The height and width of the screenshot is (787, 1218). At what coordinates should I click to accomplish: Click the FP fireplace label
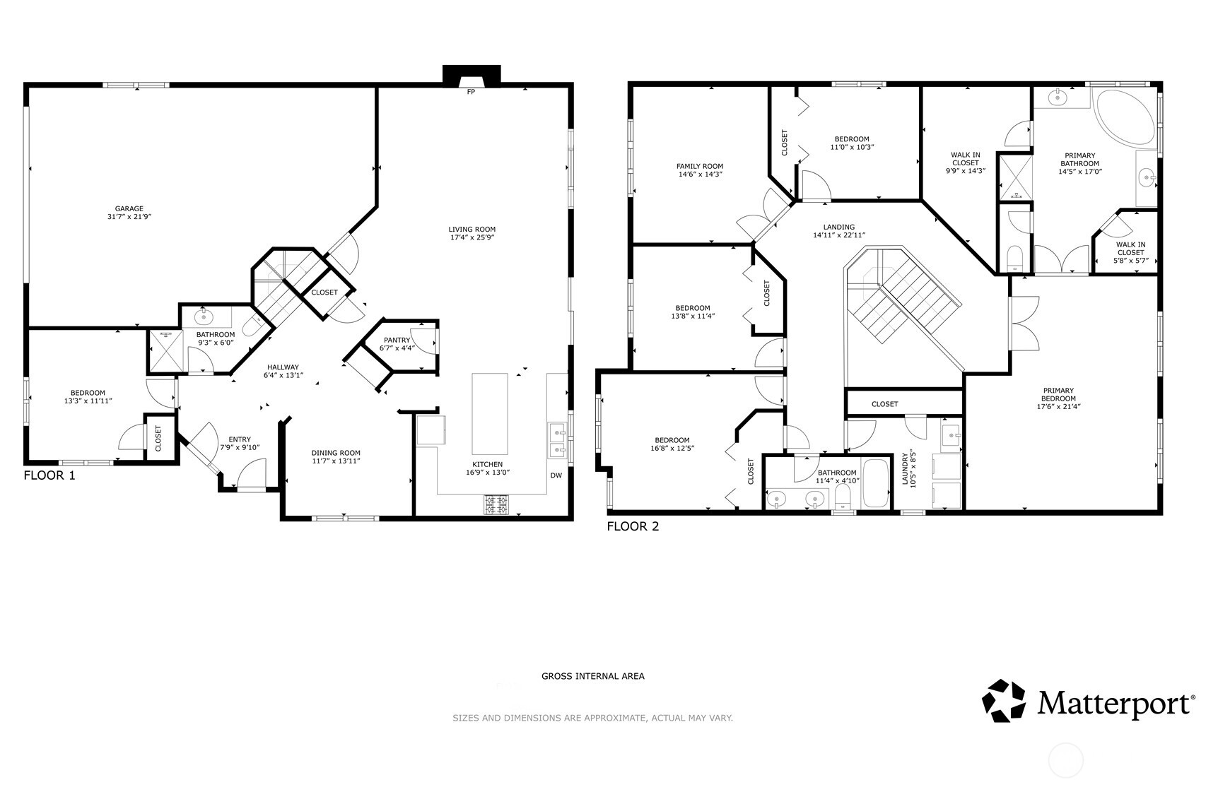(x=471, y=92)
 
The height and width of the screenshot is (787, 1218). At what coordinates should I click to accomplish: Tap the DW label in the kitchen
(x=556, y=475)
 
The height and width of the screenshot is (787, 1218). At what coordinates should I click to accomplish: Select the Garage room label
(x=129, y=208)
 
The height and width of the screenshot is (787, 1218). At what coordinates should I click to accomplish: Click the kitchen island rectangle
(x=490, y=414)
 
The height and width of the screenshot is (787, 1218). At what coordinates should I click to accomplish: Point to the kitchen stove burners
(x=496, y=504)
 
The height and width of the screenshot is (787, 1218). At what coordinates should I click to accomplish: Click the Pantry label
(x=397, y=340)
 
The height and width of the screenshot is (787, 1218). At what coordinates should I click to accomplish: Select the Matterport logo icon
(x=1004, y=701)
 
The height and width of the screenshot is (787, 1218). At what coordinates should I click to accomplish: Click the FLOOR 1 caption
(x=49, y=475)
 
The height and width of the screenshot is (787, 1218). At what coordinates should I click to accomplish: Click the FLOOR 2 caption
(x=633, y=526)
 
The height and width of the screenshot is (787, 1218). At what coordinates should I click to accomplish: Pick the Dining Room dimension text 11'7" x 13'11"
(x=336, y=461)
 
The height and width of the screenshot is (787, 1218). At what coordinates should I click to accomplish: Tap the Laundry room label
(x=905, y=469)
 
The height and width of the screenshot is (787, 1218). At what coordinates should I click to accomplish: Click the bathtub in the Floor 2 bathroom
(x=875, y=484)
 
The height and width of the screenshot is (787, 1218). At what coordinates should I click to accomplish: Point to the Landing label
(x=839, y=227)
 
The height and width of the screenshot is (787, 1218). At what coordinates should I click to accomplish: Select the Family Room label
(x=700, y=167)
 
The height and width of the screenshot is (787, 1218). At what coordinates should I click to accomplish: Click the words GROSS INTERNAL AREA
(x=593, y=676)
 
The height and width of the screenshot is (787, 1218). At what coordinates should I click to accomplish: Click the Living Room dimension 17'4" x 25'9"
(x=472, y=237)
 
